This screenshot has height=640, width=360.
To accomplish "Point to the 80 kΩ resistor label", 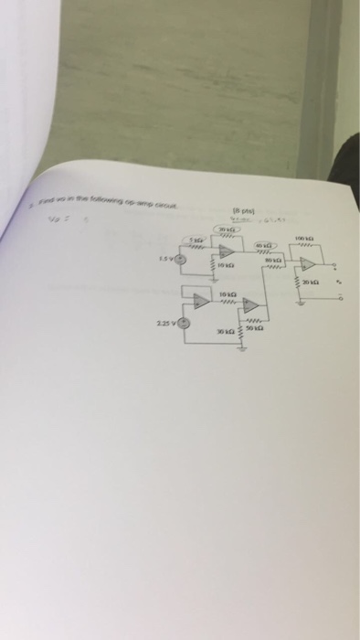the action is click(271, 260).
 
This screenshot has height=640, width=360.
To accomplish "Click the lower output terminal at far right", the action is click(340, 298).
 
